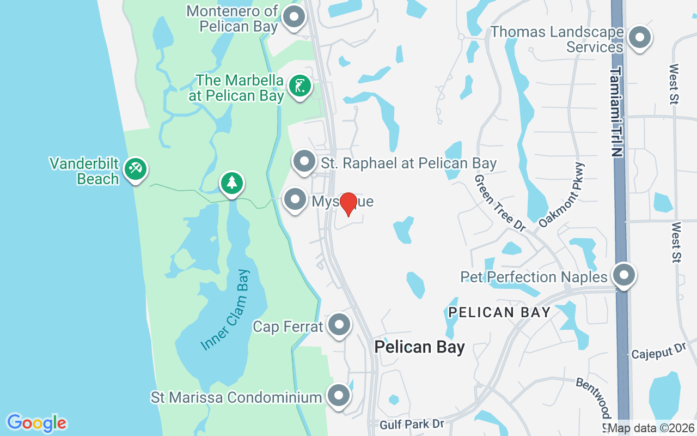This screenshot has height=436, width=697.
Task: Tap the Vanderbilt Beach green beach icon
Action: click(x=134, y=169)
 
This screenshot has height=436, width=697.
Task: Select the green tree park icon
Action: click(x=232, y=183)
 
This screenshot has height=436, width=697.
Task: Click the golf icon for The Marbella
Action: click(x=299, y=86)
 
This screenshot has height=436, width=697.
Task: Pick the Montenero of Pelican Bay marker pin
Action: click(x=295, y=17)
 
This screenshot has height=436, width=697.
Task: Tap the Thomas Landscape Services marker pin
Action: click(x=640, y=38)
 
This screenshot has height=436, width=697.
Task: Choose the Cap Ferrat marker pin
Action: click(x=339, y=325)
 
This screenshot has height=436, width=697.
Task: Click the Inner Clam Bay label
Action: click(x=225, y=310)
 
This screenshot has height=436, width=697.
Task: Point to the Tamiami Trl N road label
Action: click(x=616, y=112)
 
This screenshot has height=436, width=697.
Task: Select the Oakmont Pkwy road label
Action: click(x=561, y=195)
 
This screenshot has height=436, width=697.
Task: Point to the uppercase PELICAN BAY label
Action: click(x=499, y=312)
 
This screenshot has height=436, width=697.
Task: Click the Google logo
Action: click(x=36, y=423)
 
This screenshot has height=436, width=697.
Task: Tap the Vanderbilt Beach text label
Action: click(x=84, y=171)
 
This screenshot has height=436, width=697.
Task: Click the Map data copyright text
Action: click(x=650, y=428)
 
